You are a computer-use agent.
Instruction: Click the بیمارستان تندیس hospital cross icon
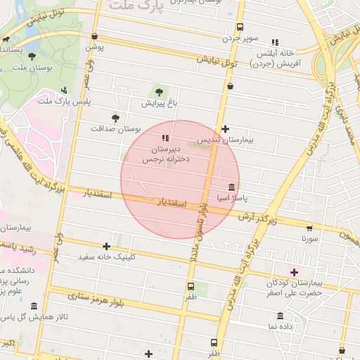(225, 129)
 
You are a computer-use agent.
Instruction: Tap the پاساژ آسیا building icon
(232, 188)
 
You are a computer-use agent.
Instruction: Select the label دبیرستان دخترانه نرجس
(163, 155)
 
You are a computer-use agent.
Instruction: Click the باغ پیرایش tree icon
(158, 91)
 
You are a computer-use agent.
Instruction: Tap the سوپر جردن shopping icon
(231, 86)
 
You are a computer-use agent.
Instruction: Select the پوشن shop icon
(95, 37)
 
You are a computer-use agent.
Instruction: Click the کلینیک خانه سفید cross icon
(106, 246)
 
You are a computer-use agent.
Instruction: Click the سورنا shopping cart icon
(310, 228)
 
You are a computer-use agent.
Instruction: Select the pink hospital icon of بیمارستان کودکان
(294, 271)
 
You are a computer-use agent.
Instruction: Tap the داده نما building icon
(280, 315)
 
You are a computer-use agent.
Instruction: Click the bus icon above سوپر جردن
(240, 27)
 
